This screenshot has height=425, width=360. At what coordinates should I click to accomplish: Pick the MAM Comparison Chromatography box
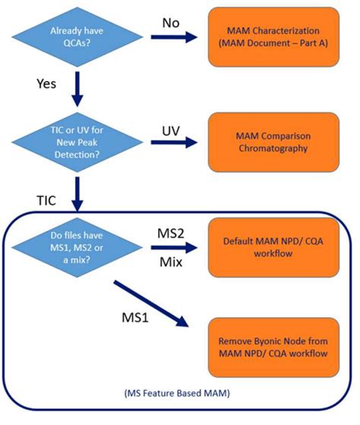[272, 143]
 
